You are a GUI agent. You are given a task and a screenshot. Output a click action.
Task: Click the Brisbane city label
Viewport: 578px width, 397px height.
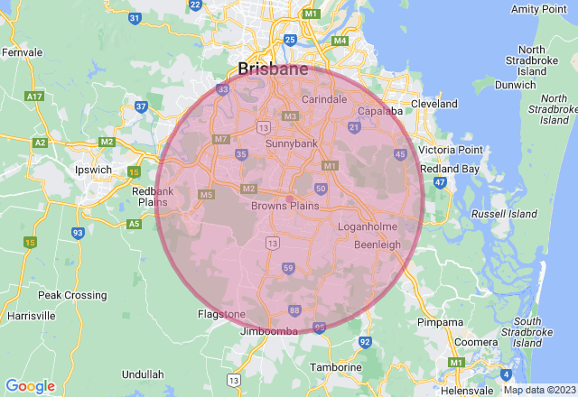tap(272, 69)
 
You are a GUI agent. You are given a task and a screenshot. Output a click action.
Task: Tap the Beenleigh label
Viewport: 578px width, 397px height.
tap(377, 245)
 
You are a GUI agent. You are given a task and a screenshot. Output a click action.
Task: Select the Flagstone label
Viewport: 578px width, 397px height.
tap(221, 314)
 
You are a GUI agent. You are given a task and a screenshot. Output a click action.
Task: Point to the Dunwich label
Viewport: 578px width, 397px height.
tap(516, 85)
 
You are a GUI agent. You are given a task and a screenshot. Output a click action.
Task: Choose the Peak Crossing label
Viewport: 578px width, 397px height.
tap(72, 295)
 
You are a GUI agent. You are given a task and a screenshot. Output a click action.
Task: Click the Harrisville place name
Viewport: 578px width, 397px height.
tap(31, 317)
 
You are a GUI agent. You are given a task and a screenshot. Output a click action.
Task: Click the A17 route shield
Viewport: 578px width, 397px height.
tap(36, 96)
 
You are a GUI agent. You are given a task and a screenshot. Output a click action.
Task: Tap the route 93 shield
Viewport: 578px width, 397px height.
tap(78, 232)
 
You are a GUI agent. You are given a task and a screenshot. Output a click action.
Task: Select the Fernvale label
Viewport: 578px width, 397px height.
tap(23, 52)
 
